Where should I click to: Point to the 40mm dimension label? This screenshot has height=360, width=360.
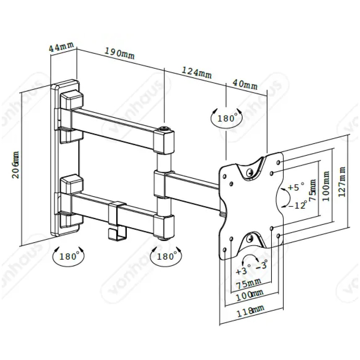click(245, 84)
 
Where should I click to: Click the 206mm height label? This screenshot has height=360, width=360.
click(16, 165)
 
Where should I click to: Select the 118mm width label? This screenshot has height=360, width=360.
click(250, 309)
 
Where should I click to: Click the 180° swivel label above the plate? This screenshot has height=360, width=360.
click(227, 118)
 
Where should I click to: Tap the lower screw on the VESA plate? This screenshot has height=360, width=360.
click(250, 239)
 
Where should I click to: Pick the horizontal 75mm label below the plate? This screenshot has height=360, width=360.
click(248, 284)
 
